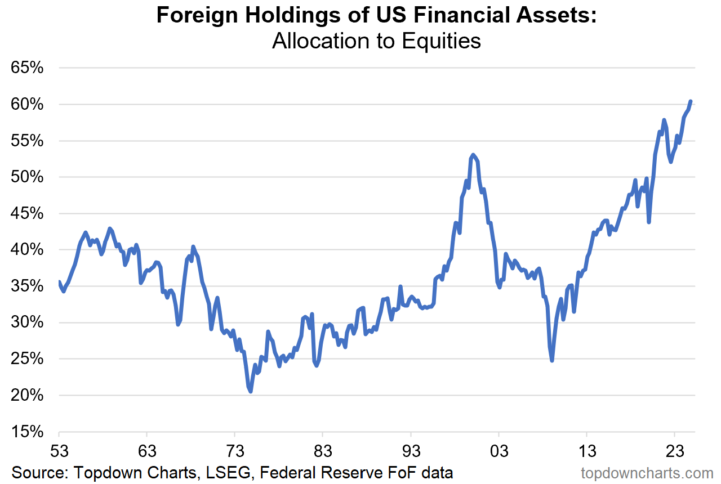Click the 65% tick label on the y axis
pos(27,68)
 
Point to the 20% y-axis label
pos(27,396)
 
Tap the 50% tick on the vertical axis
pos(27,177)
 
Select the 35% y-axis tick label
pos(27,286)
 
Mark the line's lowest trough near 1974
pos(250,391)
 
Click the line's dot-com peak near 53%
pos(473,155)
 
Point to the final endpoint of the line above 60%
pos(691,101)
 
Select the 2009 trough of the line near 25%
pos(552,360)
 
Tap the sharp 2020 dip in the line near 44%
pos(649,222)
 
